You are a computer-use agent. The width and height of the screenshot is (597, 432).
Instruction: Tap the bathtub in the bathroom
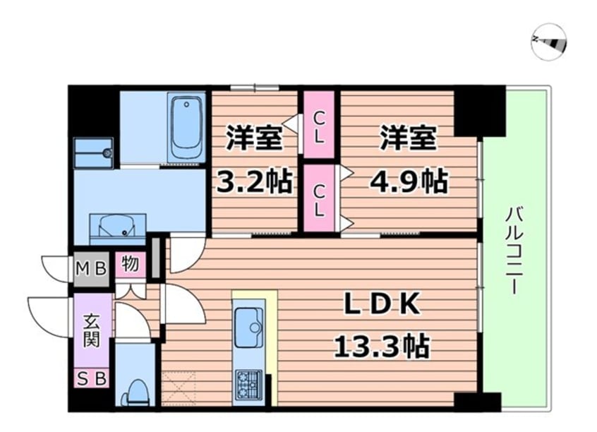pos(187,128)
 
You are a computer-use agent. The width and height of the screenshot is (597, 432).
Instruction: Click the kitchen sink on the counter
pos(248,329)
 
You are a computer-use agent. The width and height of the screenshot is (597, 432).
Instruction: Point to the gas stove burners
pos(248,385)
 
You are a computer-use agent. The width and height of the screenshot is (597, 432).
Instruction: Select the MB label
pos(92,268)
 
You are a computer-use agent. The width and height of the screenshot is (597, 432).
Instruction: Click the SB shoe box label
pos(92,379)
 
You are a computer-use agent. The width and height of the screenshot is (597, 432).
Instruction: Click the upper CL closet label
pos(320,125)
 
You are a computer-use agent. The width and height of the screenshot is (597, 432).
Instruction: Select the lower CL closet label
pos(320,199)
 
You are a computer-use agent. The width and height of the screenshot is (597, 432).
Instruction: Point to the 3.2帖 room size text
pos(254,183)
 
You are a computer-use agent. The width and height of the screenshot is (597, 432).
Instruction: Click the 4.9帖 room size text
pos(409,183)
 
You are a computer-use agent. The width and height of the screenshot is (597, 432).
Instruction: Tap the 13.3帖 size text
pos(382,347)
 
